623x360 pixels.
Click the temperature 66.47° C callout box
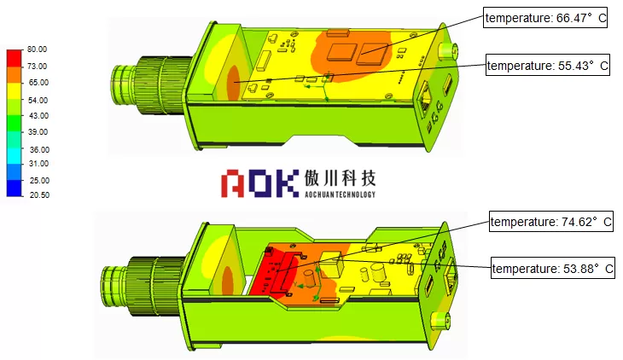(545, 17)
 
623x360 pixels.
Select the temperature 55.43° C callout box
(548, 65)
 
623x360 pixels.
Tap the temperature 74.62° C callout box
(551, 221)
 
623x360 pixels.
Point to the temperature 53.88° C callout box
(553, 268)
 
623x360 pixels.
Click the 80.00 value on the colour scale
(37, 49)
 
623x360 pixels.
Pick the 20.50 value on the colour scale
(39, 195)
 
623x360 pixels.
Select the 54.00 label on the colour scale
(38, 100)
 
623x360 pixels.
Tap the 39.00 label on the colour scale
(38, 132)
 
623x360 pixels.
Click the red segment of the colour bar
(15, 58)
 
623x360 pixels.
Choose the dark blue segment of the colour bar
(15, 188)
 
